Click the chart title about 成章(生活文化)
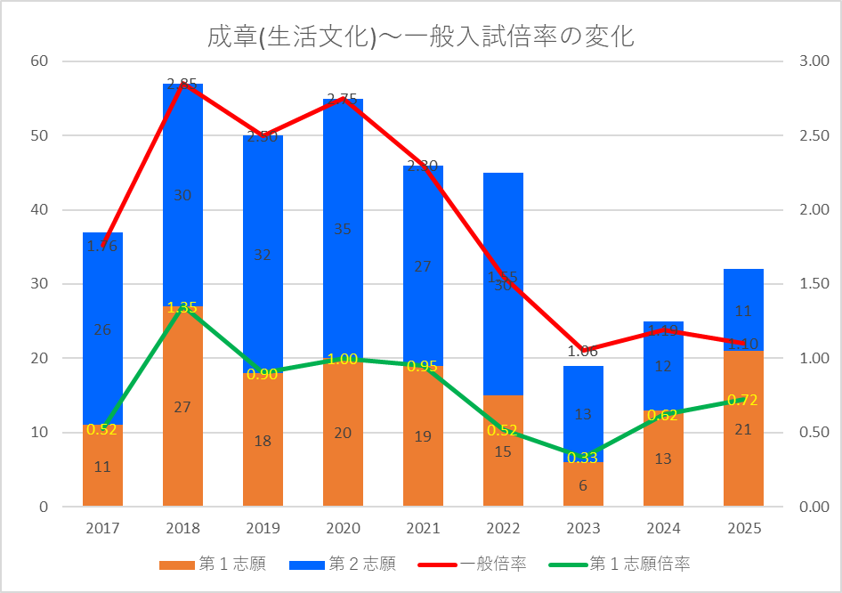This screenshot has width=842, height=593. (x=420, y=37)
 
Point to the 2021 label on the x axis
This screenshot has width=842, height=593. (x=423, y=529)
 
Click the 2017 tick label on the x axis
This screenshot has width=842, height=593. (x=102, y=529)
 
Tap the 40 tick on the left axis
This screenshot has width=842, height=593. (x=39, y=210)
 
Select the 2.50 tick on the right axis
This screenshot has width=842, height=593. (x=814, y=136)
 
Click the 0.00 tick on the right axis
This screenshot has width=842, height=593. (x=814, y=507)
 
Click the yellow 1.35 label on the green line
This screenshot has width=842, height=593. (x=182, y=307)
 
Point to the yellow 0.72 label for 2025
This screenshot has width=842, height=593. (x=743, y=401)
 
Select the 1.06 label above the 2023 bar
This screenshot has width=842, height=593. (x=583, y=352)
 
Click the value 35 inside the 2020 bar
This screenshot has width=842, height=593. (x=343, y=230)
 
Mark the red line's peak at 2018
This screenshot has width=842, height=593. (x=182, y=84)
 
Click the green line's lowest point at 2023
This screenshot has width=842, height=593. (x=583, y=458)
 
